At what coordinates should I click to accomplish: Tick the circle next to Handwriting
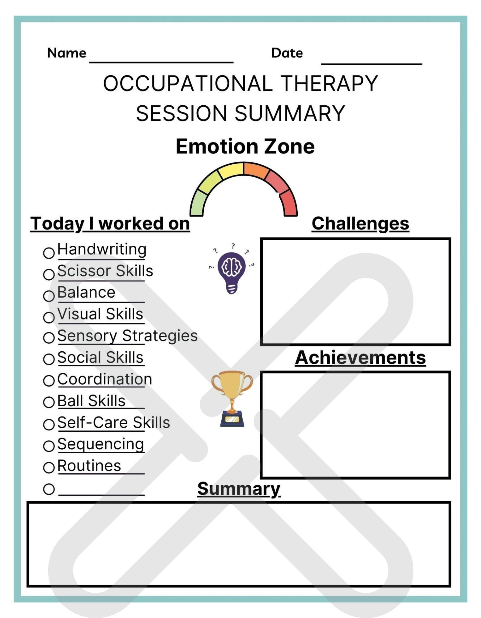[x=49, y=253]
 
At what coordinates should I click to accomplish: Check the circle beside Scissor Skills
[x=49, y=274]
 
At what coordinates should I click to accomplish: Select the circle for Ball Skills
[x=49, y=402]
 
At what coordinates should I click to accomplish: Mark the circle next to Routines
[x=49, y=467]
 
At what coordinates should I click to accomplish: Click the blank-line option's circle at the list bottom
[x=49, y=489]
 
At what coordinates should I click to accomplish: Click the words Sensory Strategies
[x=127, y=336]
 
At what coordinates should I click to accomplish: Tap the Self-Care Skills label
[x=113, y=422]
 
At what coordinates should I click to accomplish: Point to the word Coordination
[x=104, y=379]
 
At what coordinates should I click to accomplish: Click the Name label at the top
[x=66, y=53]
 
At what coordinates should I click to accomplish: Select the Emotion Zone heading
[x=245, y=146]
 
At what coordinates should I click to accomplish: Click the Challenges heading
[x=360, y=223]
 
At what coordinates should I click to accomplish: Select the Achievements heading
[x=360, y=358]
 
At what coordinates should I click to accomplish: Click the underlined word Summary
[x=239, y=489]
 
